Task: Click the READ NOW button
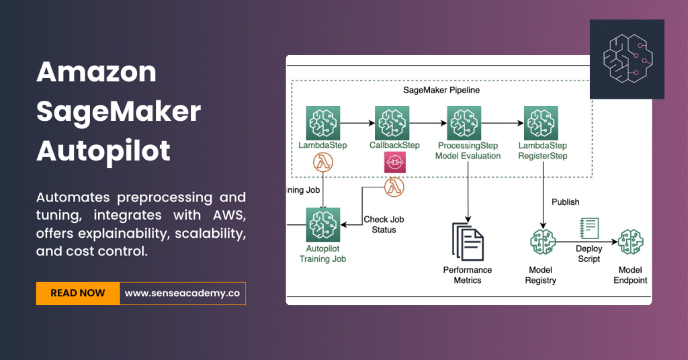point(77,294)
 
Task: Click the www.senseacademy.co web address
point(182,294)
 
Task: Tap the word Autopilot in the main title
point(103,150)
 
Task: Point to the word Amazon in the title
point(96,72)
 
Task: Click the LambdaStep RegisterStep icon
point(542,123)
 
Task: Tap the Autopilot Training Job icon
point(324,224)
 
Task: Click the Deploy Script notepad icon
point(589,228)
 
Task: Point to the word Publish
point(566,201)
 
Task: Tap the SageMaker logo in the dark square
point(627,58)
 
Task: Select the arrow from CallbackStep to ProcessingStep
point(428,124)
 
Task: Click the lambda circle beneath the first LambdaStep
point(324,163)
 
